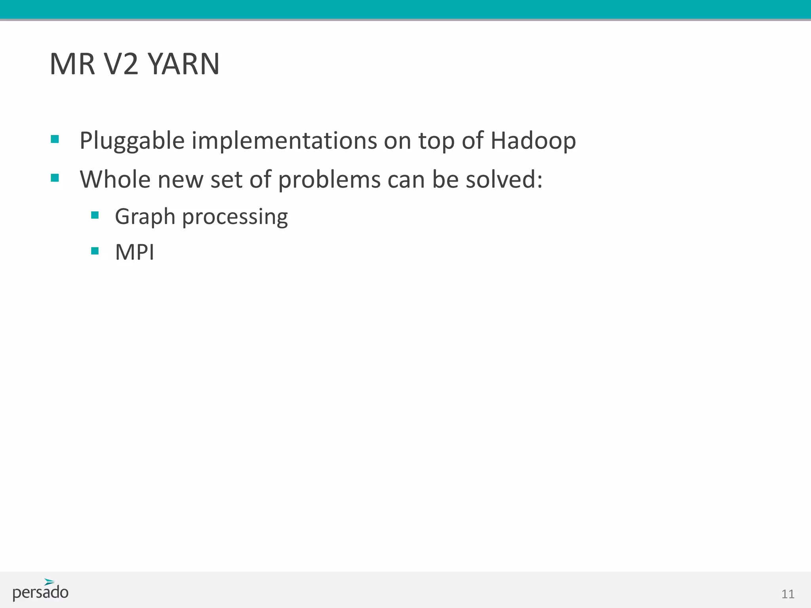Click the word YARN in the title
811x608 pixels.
pos(184,64)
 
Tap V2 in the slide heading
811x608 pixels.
pos(121,64)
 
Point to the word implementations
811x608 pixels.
pos(284,141)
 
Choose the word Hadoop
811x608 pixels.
pos(533,141)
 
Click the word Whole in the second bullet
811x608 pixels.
pos(115,179)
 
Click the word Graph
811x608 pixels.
pos(145,217)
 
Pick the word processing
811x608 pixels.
pos(235,217)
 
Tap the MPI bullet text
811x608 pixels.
pos(135,252)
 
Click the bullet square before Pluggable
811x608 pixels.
pos(55,139)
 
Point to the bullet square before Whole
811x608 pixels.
pos(55,178)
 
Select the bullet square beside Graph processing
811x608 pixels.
pos(95,215)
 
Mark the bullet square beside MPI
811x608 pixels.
pos(95,251)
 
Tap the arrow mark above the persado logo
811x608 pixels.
pos(49,582)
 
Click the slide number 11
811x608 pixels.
pos(788,594)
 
